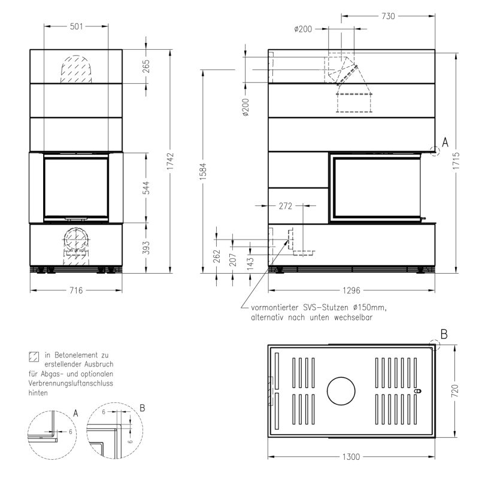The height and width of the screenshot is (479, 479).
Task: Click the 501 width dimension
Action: coord(77,26)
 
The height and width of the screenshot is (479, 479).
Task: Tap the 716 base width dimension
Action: coord(76,290)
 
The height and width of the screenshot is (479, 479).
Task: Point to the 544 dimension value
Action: coord(147,188)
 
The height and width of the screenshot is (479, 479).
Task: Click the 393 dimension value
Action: coord(147,248)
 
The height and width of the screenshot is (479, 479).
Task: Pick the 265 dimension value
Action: coord(146,66)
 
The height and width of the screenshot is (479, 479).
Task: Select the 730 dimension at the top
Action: coord(388,16)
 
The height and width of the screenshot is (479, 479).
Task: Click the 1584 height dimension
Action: coord(204,171)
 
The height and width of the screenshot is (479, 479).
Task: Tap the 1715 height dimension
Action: coord(456,161)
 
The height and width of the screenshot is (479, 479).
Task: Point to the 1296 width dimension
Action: coord(351,290)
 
